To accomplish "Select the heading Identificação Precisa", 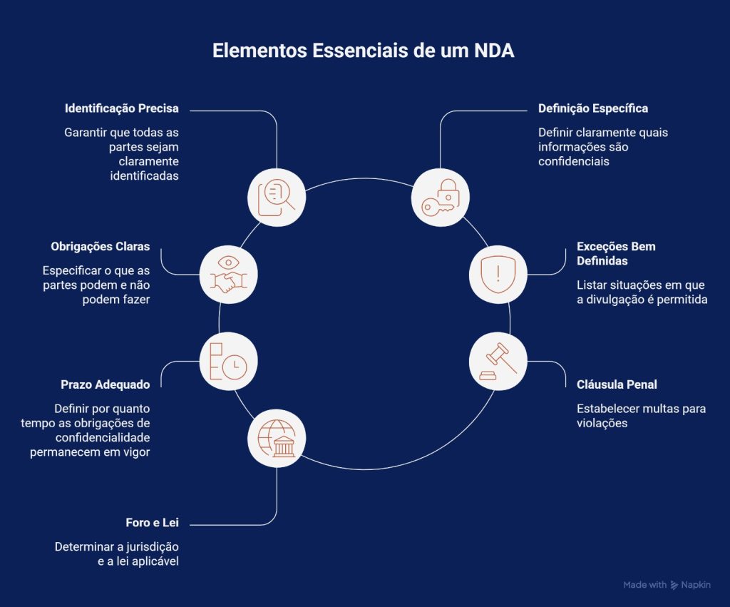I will click(x=121, y=109).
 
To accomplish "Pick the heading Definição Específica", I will click(x=592, y=109).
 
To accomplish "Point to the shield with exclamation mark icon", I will click(x=498, y=275).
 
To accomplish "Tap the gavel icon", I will click(x=498, y=362).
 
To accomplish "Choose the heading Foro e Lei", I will click(x=152, y=523).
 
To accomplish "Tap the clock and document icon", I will click(x=228, y=361).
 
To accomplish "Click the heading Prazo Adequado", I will click(x=105, y=384).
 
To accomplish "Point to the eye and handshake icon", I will click(x=228, y=275).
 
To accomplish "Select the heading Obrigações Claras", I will click(x=101, y=246).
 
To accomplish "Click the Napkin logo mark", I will click(x=674, y=585).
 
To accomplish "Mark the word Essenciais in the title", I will click(x=364, y=53).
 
